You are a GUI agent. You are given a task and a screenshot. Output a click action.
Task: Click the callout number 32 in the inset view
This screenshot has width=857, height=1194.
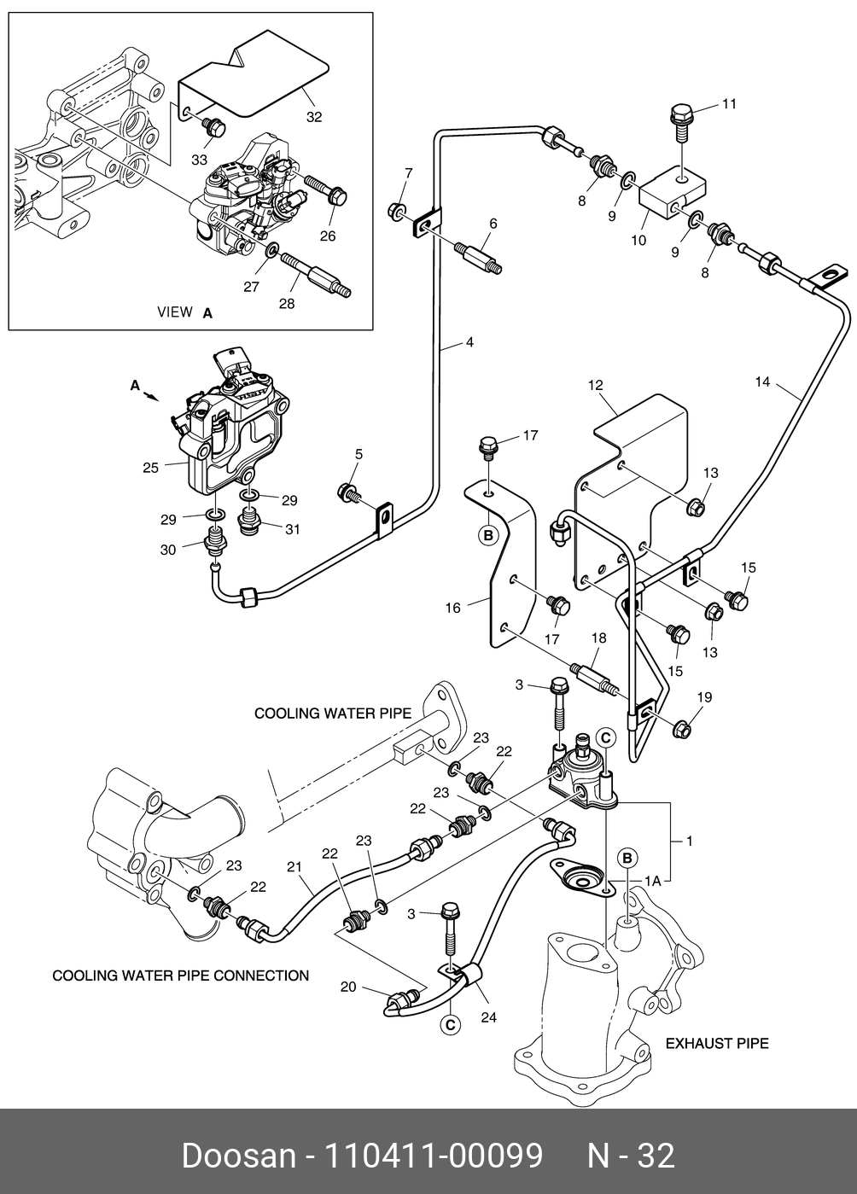click(314, 117)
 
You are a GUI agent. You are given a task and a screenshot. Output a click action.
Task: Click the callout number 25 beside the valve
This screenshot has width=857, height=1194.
click(151, 468)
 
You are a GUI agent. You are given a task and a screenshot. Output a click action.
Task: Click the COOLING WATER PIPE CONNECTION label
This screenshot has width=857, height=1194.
click(181, 975)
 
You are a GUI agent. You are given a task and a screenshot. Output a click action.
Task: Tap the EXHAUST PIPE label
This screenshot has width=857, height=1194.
click(717, 1043)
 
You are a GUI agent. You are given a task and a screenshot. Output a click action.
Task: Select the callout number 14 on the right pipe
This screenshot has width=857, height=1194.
click(762, 382)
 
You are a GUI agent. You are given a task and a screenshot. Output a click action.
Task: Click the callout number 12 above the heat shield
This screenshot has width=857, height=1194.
click(595, 386)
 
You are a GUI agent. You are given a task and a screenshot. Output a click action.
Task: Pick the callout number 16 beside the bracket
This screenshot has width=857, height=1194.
click(452, 608)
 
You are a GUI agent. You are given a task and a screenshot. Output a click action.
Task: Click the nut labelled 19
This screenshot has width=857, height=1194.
click(682, 730)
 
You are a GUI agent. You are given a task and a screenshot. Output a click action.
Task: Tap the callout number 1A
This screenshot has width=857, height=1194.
click(653, 878)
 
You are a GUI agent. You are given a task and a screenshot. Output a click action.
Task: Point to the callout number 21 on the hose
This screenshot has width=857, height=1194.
click(294, 867)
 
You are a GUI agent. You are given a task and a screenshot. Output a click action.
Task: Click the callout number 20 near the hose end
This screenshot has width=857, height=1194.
click(347, 987)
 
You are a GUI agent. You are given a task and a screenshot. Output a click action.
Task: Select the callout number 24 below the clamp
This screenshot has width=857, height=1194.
click(488, 1016)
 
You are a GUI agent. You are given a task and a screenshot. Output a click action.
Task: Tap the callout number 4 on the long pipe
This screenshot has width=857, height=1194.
click(469, 343)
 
